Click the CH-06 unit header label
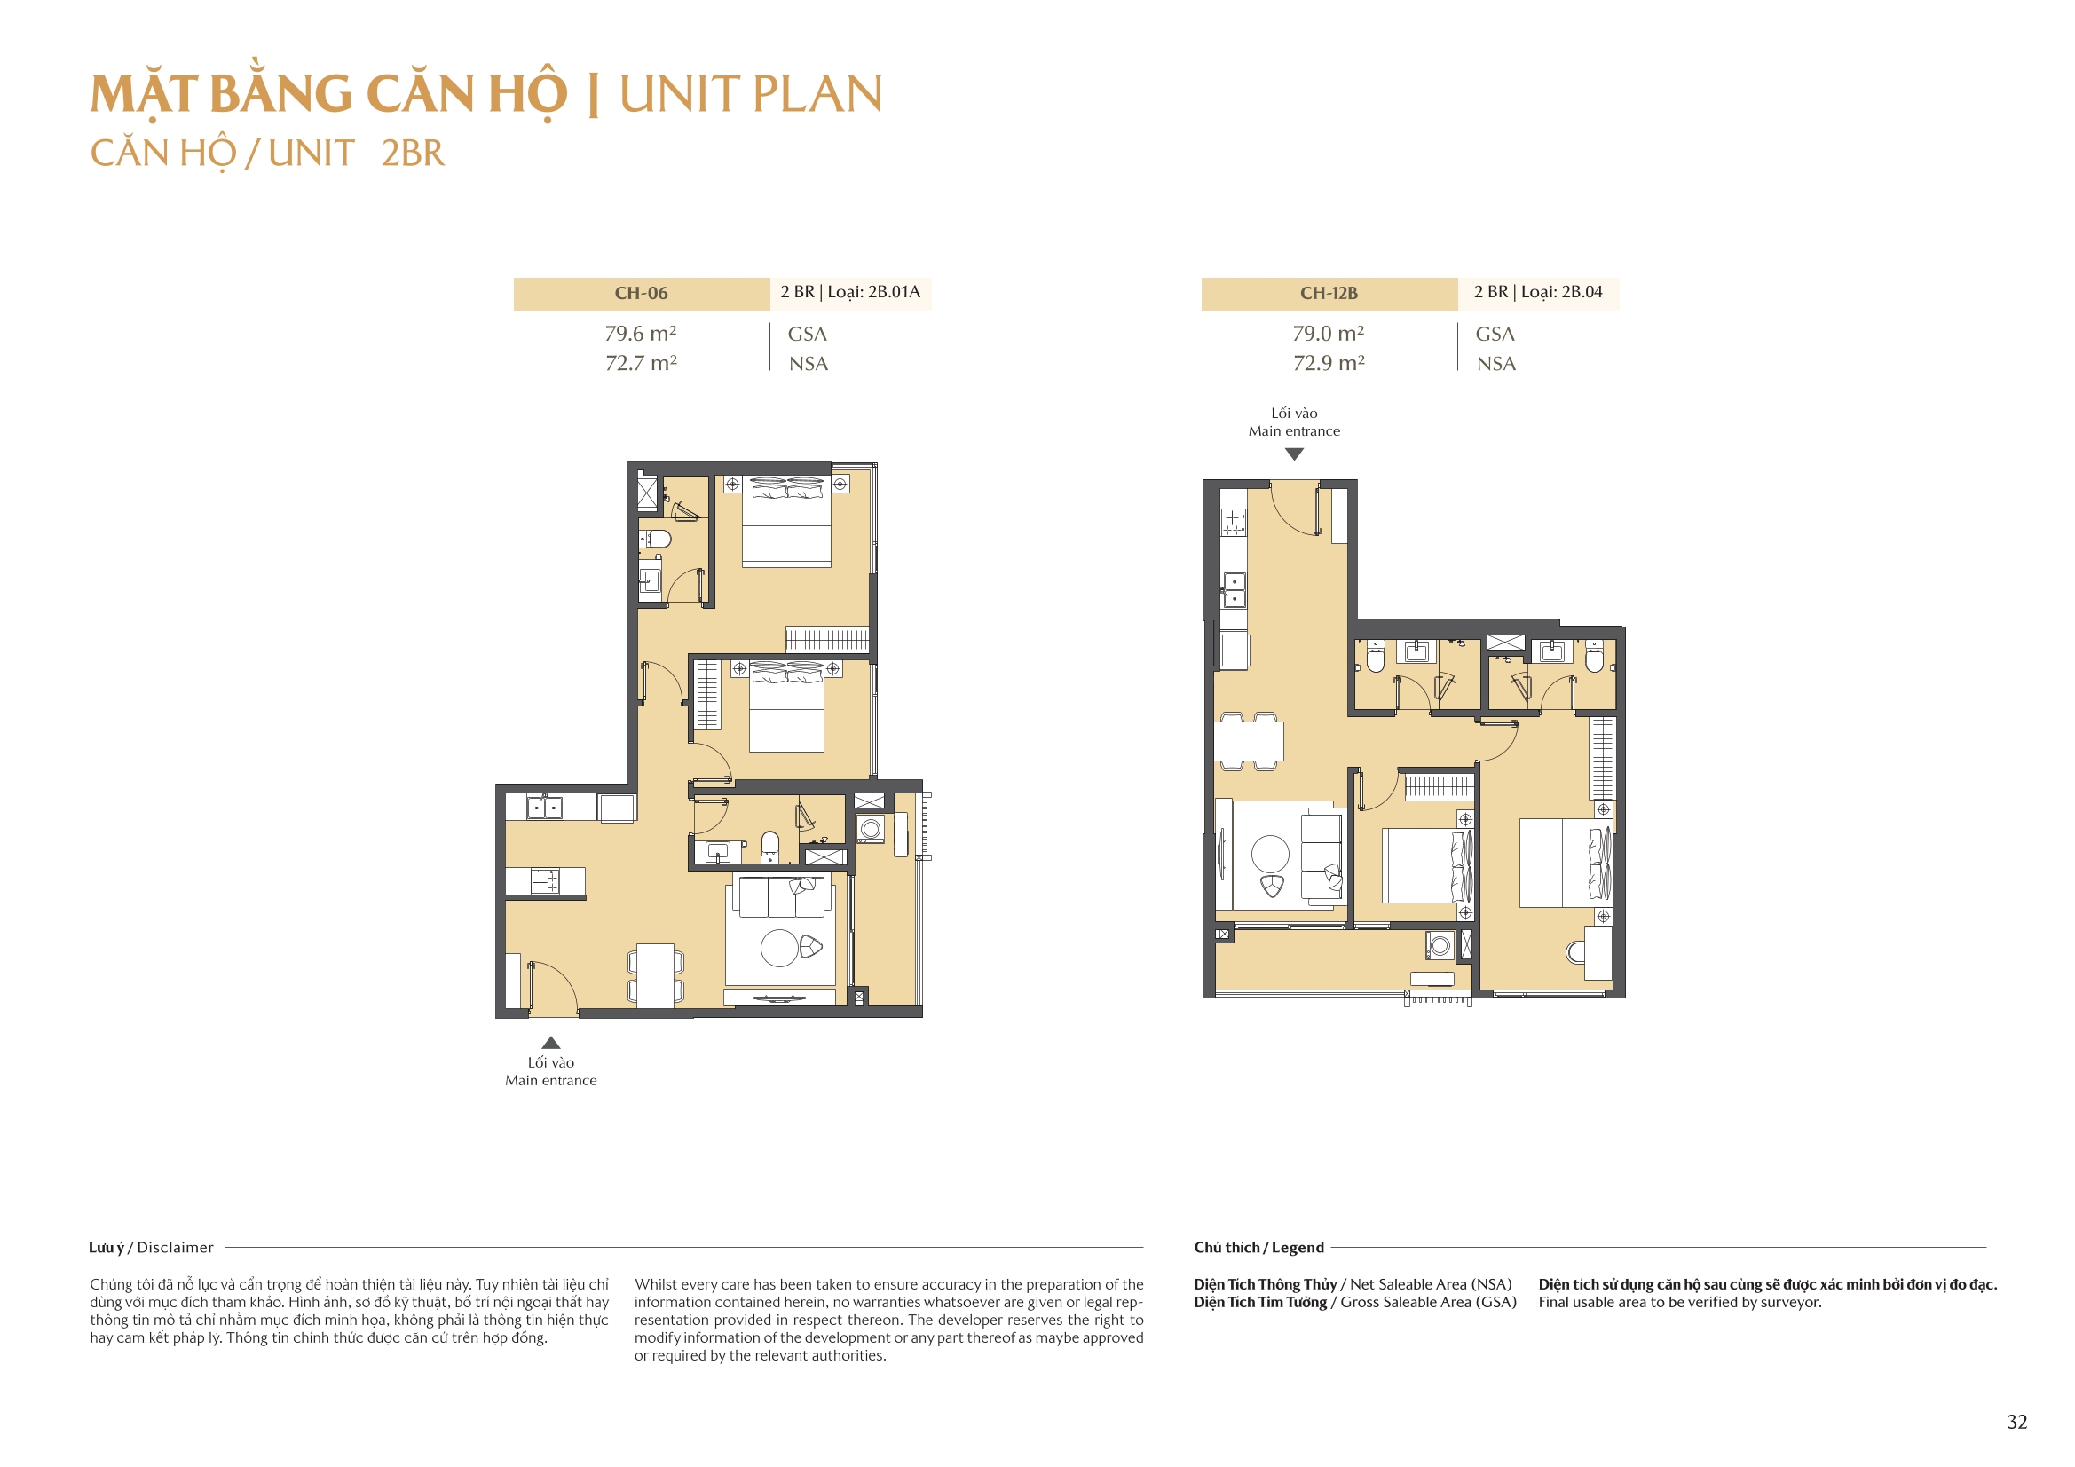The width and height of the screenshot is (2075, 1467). click(x=641, y=293)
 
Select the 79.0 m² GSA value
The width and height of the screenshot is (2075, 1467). click(x=1328, y=334)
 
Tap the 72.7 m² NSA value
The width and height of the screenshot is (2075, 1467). click(x=641, y=363)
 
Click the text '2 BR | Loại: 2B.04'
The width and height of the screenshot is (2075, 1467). click(x=1537, y=292)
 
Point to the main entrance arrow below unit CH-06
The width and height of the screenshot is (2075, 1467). click(x=550, y=1042)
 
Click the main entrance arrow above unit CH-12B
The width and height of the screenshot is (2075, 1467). click(x=1294, y=454)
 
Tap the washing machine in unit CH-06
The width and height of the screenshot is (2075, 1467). click(x=871, y=828)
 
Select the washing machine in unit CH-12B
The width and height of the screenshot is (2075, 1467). click(x=1440, y=946)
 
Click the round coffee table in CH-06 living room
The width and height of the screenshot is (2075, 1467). click(x=779, y=948)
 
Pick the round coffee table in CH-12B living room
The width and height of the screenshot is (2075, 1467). click(x=1270, y=853)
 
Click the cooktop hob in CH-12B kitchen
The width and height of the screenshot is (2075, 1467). click(x=1233, y=522)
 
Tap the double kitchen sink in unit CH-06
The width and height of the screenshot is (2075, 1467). click(x=545, y=806)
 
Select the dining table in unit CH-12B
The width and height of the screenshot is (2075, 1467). click(x=1248, y=741)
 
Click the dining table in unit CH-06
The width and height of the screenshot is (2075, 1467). click(x=655, y=975)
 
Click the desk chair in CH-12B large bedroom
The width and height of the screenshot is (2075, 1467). click(x=1575, y=950)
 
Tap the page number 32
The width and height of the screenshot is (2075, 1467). click(x=2016, y=1422)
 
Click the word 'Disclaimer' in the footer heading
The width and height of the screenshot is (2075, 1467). click(x=176, y=1248)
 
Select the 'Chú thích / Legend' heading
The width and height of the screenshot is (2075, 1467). click(x=1258, y=1248)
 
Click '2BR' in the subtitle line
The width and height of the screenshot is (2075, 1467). click(x=412, y=154)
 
